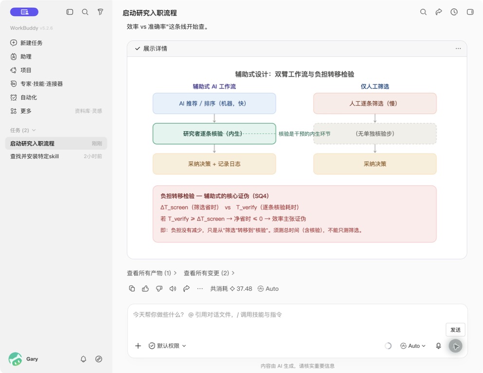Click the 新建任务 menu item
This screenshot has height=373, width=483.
click(x=26, y=43)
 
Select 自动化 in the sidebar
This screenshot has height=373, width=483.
click(x=23, y=98)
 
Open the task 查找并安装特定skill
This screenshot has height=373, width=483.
click(x=35, y=156)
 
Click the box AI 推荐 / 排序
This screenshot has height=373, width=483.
click(x=214, y=103)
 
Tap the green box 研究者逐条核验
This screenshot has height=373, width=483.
click(x=214, y=134)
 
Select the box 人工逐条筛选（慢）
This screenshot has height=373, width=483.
click(x=375, y=103)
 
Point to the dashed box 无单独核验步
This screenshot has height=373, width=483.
click(x=375, y=134)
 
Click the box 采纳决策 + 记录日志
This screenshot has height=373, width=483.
click(x=214, y=164)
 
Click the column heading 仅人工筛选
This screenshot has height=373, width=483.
click(x=375, y=86)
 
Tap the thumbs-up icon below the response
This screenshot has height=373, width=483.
click(x=145, y=288)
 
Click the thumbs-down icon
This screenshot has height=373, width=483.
click(x=159, y=288)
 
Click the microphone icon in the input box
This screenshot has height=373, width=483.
click(x=438, y=346)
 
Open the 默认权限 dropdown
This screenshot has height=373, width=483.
click(x=167, y=346)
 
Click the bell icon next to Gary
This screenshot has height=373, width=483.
click(x=83, y=359)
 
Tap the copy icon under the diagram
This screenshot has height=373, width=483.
click(x=132, y=288)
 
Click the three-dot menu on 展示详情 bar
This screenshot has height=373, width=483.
click(x=458, y=49)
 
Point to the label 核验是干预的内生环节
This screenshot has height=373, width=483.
click(x=304, y=134)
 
